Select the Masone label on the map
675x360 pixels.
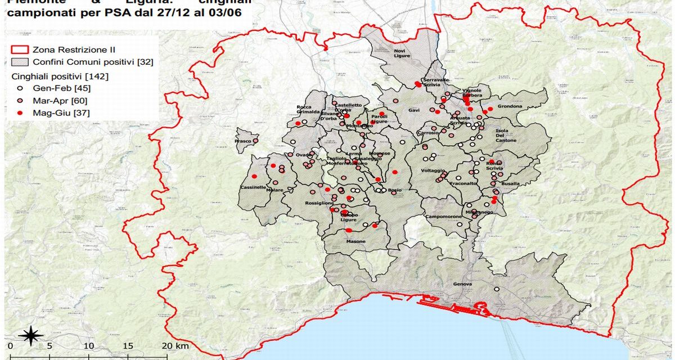tap(355, 241)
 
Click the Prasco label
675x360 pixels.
tap(244, 141)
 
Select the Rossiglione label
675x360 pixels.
tap(319, 204)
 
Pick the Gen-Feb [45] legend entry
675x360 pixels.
tap(57, 88)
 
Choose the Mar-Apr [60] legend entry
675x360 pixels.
tap(57, 101)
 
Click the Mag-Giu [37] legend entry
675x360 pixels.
tap(57, 113)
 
